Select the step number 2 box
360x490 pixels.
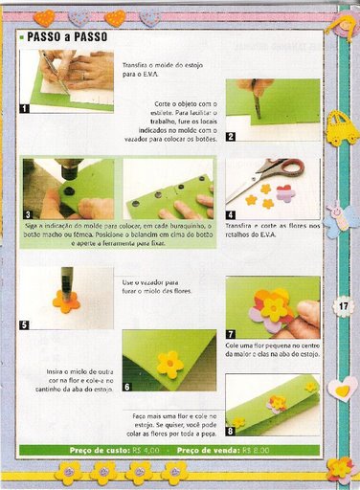pos(231,137)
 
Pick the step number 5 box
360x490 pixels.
pos(24,324)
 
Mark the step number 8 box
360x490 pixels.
pos(231,432)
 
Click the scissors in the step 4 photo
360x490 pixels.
pos(280,172)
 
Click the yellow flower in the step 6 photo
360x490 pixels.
pos(170,363)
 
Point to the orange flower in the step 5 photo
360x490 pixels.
pos(65,302)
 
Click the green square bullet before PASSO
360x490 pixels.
pos(21,37)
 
